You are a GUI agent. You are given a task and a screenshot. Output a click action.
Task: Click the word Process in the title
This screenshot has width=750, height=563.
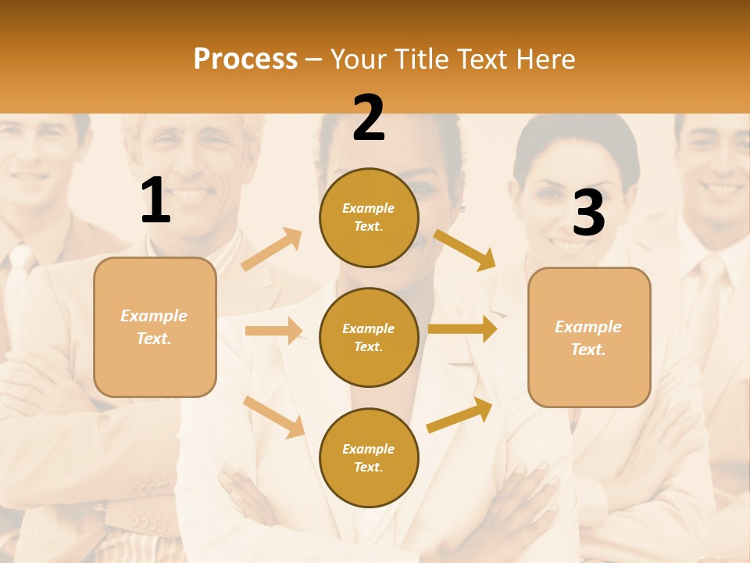coord(245,59)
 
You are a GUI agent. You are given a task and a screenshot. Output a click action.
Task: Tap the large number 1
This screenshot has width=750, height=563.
coord(155,200)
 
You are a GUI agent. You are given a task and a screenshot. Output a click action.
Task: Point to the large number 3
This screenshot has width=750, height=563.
coord(588,213)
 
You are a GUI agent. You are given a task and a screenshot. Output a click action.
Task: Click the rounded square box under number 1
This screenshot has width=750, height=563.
coord(155,327)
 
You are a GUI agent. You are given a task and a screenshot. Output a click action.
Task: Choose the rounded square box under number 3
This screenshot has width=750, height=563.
coord(589,337)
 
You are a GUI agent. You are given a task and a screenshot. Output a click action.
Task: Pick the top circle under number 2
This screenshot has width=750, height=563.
coord(369,217)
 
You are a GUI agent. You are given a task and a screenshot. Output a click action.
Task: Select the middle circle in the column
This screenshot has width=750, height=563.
coord(369,337)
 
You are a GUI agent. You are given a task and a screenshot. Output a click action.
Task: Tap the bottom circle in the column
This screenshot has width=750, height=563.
coord(369,457)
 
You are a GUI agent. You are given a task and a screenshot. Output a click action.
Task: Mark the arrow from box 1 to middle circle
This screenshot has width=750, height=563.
coord(273,331)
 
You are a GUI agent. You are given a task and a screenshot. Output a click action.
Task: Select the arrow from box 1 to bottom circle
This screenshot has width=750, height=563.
coord(274,417)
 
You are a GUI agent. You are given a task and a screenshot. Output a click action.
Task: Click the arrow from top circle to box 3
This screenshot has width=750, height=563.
coord(465,249)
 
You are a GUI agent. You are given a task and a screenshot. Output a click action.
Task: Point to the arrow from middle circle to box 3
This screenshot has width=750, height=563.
coord(462,329)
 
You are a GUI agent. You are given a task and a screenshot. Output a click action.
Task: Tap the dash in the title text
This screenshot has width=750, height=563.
coord(314,60)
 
